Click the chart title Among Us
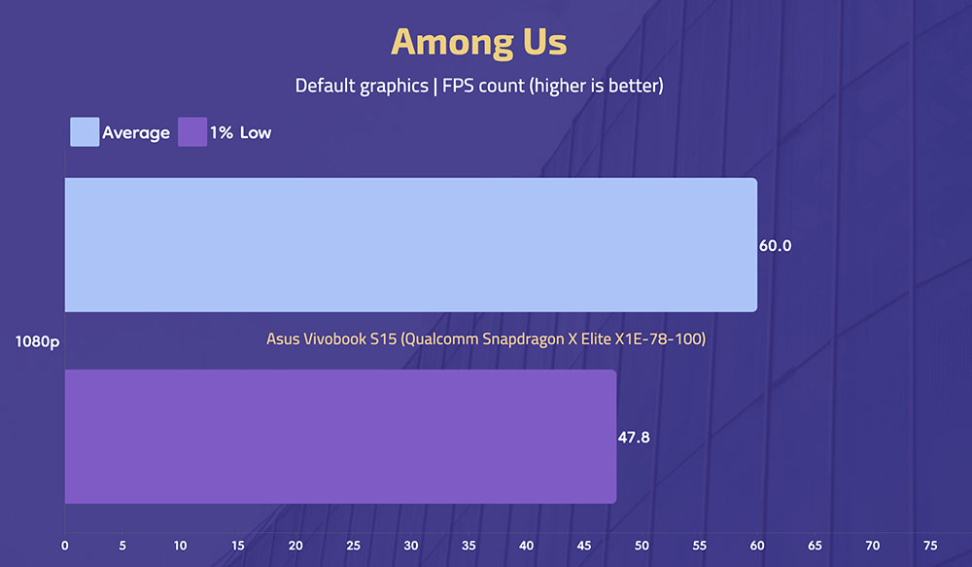point(478,42)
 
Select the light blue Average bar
point(411,245)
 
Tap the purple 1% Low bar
point(340,437)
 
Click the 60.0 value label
point(775,246)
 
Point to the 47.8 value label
point(634,438)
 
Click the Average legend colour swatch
point(85,132)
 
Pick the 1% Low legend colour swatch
point(192,132)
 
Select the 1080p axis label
point(37,341)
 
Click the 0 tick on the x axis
point(65,546)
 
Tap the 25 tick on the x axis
point(354,546)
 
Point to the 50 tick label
point(642,546)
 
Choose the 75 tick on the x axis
point(930,546)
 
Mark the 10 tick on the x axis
point(180,546)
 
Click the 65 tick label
point(815,546)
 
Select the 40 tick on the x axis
point(526,546)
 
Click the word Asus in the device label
point(283,339)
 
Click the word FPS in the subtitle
point(458,86)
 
